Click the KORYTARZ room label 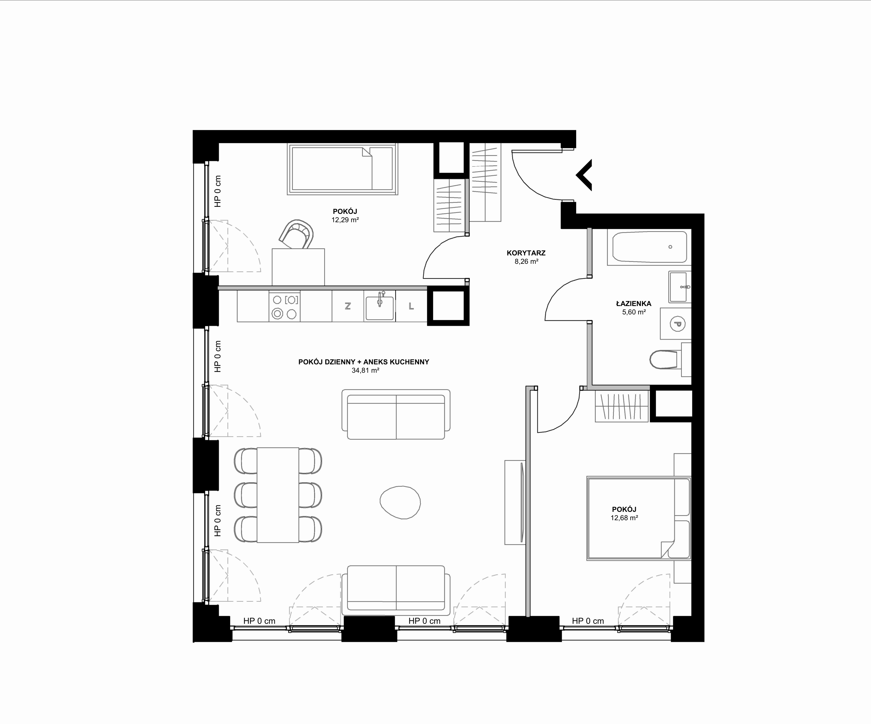tap(526, 253)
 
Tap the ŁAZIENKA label tap(633, 303)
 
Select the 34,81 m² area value tap(365, 370)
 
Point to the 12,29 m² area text tap(345, 220)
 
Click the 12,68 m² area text tap(624, 518)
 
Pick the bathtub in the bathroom tap(649, 247)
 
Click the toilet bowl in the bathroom tap(664, 359)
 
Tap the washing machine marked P tap(676, 324)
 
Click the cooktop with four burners tap(284, 306)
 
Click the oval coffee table tap(400, 502)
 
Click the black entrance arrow tap(584, 175)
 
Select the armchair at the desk tap(296, 234)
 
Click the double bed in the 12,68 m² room tap(639, 518)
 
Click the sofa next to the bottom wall tap(396, 590)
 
